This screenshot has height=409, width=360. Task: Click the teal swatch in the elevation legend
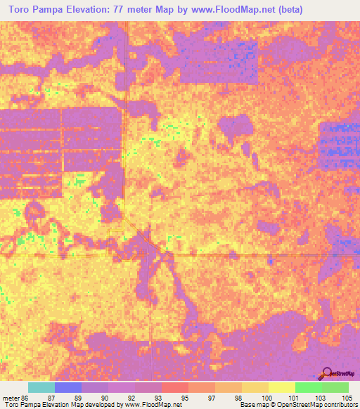tap(41, 387)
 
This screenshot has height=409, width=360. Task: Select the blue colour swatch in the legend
tap(67, 387)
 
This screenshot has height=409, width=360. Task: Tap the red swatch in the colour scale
tap(174, 387)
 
